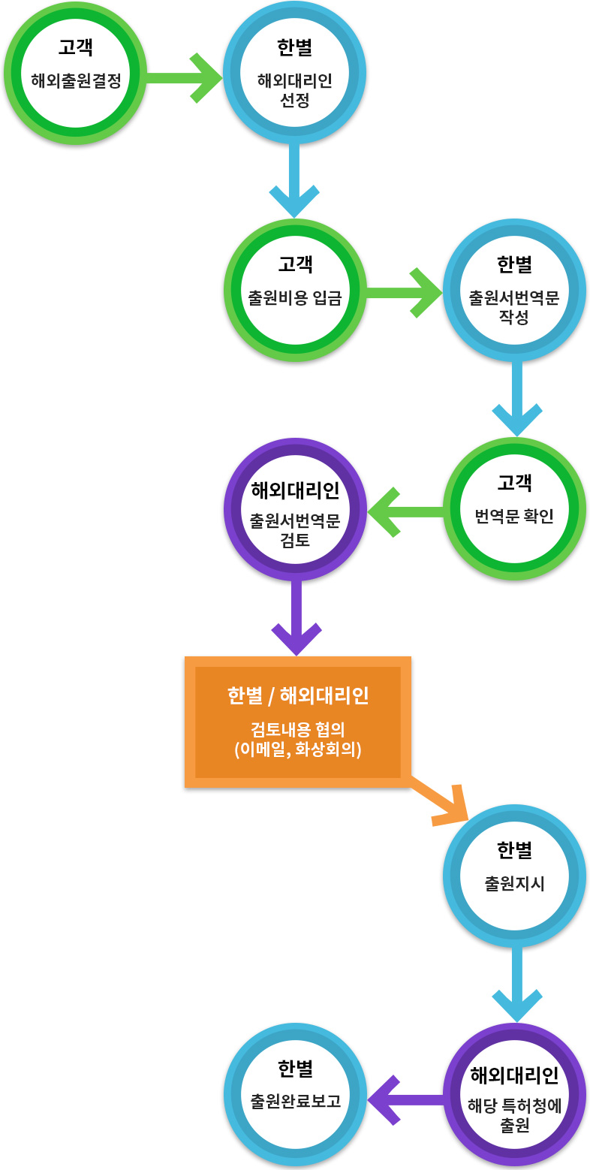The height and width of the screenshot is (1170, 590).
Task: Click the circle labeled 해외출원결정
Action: point(75,73)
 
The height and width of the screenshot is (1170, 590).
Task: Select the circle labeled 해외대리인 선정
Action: point(294,73)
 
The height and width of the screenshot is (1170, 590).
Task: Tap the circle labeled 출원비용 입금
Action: point(295,291)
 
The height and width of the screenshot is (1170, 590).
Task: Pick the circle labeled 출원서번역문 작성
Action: point(514,291)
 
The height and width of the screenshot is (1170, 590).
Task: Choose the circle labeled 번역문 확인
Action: point(514,508)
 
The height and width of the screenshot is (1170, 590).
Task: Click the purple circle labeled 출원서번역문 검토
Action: point(295,508)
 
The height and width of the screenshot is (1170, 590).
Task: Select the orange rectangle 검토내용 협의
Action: point(297,721)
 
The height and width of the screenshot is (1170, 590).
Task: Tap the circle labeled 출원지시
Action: point(514,875)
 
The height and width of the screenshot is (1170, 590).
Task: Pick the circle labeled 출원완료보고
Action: point(295,1094)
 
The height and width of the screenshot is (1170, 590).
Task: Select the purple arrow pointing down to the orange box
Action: point(297,617)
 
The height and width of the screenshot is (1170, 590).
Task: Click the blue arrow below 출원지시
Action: point(516,985)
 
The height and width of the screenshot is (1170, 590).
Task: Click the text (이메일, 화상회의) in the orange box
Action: point(297,749)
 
